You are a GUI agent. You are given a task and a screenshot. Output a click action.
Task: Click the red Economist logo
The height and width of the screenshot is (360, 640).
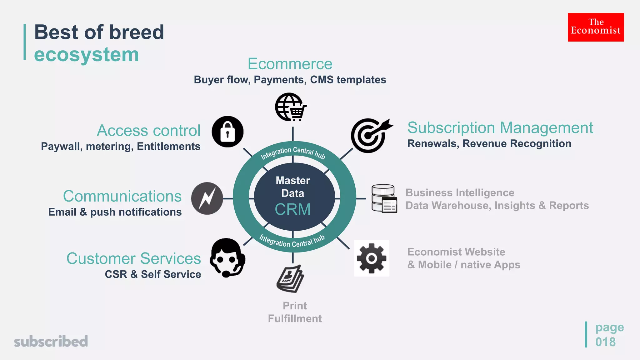(x=596, y=27)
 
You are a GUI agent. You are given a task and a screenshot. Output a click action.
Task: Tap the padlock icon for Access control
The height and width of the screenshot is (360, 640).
(x=227, y=132)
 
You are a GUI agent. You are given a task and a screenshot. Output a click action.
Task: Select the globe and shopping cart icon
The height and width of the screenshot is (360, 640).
(x=291, y=107)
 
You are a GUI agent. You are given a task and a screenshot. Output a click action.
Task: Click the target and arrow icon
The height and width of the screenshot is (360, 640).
(x=370, y=135)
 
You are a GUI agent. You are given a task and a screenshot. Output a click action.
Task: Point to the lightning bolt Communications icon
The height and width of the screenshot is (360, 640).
(x=207, y=198)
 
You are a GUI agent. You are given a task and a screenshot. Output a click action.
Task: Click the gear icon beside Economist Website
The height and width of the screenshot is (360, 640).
(x=372, y=258)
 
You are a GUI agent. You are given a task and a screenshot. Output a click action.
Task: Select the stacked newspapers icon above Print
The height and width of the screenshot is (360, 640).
(x=290, y=279)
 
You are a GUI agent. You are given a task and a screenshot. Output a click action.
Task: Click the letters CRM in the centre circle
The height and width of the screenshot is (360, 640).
(x=293, y=209)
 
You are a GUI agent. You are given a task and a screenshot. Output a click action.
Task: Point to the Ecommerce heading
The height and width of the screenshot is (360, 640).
(x=290, y=64)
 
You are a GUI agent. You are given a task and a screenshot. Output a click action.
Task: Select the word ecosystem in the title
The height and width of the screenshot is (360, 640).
(x=87, y=55)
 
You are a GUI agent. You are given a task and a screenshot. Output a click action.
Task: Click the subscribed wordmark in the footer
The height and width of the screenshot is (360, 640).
(x=51, y=341)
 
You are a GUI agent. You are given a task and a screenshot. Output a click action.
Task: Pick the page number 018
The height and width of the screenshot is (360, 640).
(x=605, y=342)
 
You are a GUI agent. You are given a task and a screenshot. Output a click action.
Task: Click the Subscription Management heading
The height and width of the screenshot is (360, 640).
(x=500, y=128)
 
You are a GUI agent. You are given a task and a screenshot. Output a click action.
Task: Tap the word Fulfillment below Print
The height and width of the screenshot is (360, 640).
(x=295, y=318)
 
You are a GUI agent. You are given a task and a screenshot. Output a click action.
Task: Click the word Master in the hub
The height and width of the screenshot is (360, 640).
(x=293, y=180)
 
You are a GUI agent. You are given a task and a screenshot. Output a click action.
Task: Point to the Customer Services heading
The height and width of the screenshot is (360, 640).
(x=133, y=258)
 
